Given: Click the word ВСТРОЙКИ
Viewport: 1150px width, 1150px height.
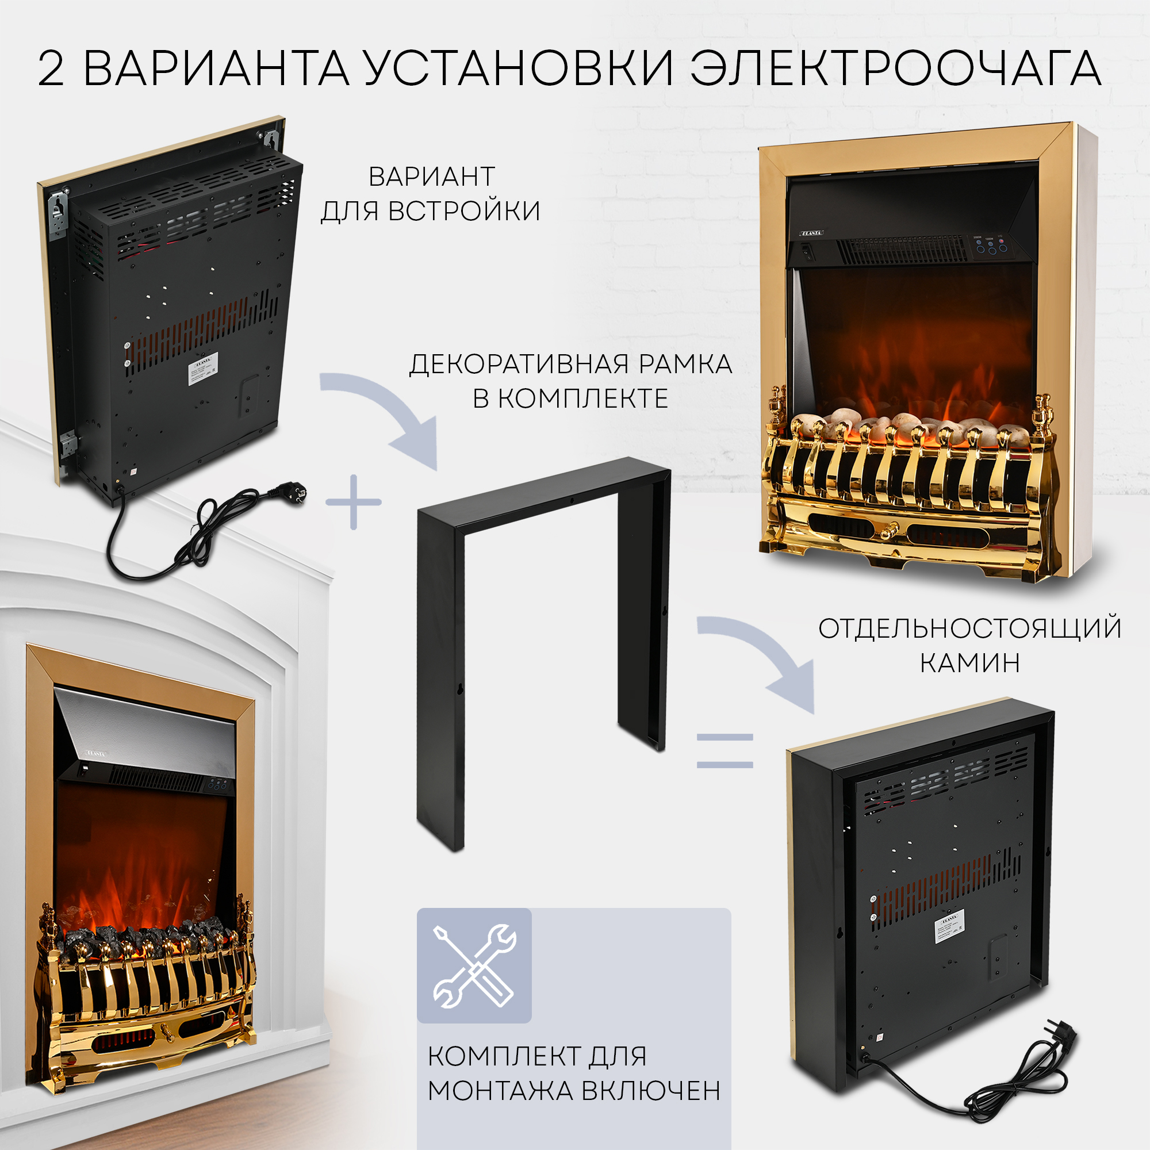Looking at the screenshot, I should (463, 211).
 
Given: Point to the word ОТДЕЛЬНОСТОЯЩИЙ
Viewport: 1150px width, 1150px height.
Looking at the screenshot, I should (969, 629).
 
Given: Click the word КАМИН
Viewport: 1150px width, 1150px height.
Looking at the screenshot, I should (969, 662).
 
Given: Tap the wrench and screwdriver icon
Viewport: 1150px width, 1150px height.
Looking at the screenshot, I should (474, 965).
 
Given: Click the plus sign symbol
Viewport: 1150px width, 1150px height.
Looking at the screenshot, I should (354, 502).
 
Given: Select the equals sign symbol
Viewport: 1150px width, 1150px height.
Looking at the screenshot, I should (725, 750).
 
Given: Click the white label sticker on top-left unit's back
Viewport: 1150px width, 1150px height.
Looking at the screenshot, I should (203, 369).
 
